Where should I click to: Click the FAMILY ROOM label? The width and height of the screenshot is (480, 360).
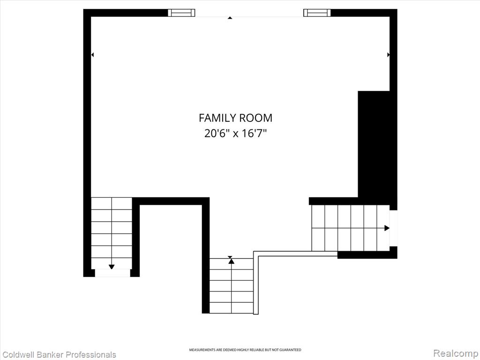(235, 118)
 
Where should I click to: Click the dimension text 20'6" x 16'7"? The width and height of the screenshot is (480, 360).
(235, 134)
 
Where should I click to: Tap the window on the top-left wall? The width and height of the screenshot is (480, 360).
(181, 13)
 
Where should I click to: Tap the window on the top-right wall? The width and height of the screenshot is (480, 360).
(317, 13)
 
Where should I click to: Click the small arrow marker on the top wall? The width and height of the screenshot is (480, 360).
(230, 18)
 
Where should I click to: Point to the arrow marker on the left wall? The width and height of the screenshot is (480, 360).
(92, 55)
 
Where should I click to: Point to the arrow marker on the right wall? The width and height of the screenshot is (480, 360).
(389, 55)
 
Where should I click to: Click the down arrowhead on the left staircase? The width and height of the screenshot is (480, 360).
(112, 267)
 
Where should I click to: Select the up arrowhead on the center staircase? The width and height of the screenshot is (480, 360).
(232, 261)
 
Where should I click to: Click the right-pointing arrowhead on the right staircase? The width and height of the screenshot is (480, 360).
(387, 228)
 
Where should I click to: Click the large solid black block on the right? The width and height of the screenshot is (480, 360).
(374, 144)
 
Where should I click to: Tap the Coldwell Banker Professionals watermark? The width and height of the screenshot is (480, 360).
(59, 355)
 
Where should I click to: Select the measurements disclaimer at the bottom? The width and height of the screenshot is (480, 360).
(245, 350)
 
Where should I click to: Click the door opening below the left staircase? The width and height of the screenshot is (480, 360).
(112, 273)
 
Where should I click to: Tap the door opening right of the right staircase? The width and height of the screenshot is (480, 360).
(393, 228)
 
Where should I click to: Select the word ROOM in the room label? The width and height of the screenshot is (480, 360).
(255, 118)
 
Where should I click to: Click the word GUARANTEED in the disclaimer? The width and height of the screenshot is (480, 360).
(290, 350)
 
